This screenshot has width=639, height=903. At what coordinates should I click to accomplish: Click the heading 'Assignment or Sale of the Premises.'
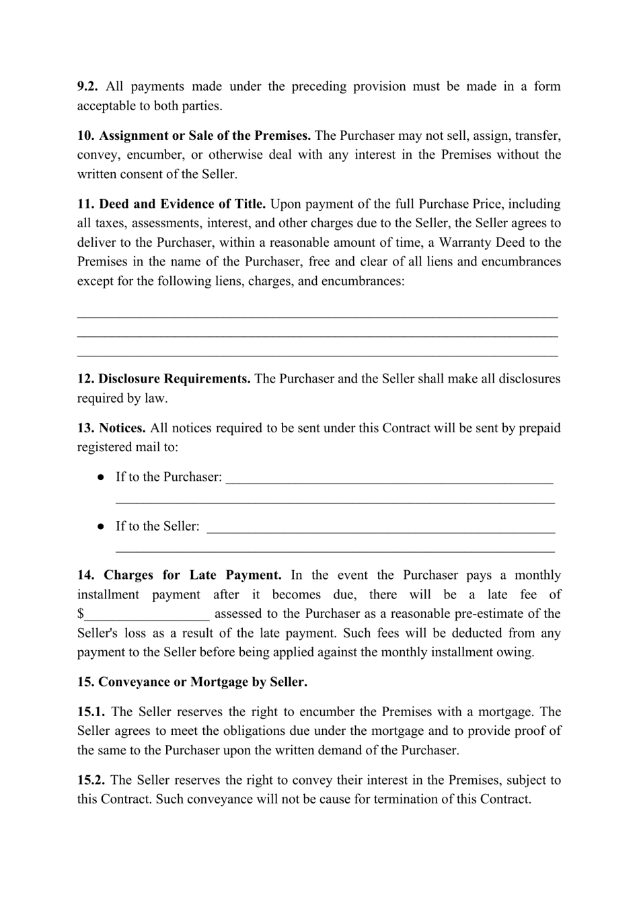tap(204, 136)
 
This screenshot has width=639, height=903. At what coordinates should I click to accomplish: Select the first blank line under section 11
tap(317, 314)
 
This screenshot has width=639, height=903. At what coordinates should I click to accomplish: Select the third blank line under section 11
tap(317, 353)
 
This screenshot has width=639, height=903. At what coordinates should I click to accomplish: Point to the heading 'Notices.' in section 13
tap(122, 428)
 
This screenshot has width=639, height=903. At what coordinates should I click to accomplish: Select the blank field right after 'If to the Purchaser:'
tap(389, 479)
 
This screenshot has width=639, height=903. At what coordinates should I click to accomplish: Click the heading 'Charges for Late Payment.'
tap(192, 576)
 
